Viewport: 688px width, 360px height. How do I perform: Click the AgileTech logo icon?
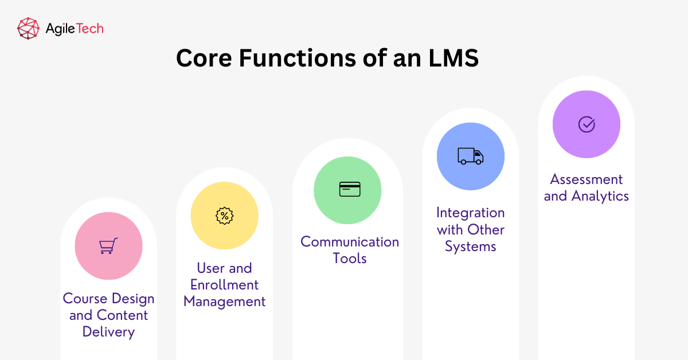click(x=28, y=28)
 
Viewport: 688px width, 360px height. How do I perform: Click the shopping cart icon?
click(x=108, y=246)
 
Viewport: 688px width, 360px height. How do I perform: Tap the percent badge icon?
click(x=224, y=216)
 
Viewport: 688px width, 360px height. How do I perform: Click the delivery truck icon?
click(x=470, y=156)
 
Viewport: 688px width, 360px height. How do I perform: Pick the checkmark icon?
click(x=586, y=124)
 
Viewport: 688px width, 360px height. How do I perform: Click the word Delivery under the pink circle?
click(x=108, y=331)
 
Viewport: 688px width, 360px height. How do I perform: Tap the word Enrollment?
click(x=225, y=285)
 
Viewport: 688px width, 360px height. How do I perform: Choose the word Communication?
click(x=350, y=241)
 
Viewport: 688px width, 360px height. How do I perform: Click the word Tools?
click(x=350, y=259)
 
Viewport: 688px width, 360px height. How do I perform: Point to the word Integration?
click(x=470, y=213)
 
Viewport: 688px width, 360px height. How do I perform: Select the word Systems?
click(x=470, y=247)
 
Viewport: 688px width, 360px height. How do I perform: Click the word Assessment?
click(x=586, y=179)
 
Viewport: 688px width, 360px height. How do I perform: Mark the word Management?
click(x=225, y=302)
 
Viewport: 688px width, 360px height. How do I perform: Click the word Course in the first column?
click(x=85, y=298)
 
